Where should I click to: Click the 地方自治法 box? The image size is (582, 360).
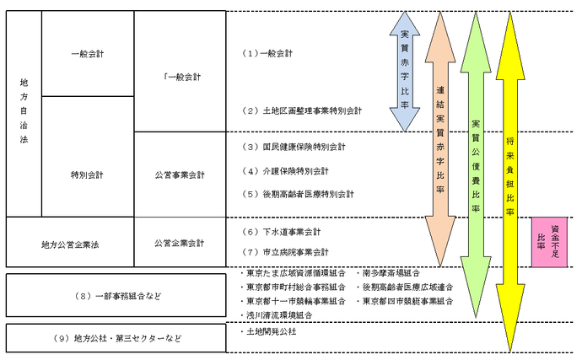pyautogui.click(x=24, y=113)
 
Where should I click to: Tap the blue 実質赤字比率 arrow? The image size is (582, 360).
pyautogui.click(x=405, y=73)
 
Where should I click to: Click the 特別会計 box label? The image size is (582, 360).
pyautogui.click(x=87, y=175)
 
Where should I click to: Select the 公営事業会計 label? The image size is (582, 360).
pyautogui.click(x=180, y=175)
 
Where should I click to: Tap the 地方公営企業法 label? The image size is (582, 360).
pyautogui.click(x=69, y=244)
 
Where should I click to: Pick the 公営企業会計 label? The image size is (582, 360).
pyautogui.click(x=180, y=243)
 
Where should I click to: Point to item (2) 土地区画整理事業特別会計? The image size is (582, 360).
pyautogui.click(x=301, y=110)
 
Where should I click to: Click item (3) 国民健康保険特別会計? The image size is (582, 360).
pyautogui.click(x=293, y=147)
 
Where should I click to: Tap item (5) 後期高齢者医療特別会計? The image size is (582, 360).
pyautogui.click(x=297, y=194)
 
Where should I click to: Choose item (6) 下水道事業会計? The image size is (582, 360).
pyautogui.click(x=281, y=231)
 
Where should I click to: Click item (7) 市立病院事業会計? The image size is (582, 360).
pyautogui.click(x=285, y=252)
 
